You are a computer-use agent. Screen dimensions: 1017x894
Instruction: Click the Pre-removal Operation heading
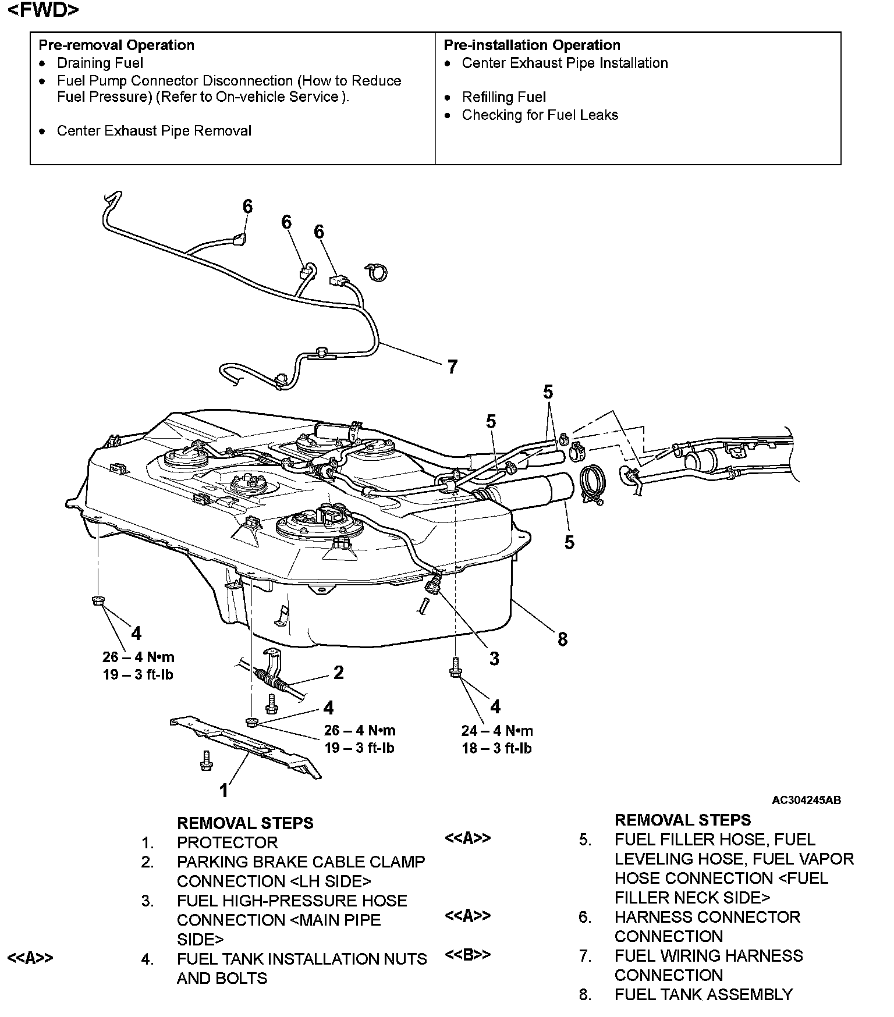pos(116,45)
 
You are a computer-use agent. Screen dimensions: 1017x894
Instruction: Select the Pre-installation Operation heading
pos(531,45)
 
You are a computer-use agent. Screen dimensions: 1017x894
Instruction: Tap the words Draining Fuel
pos(100,63)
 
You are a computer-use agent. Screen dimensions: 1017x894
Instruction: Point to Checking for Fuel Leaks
pos(540,115)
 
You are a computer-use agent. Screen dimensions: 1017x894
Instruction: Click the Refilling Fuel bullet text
pos(503,97)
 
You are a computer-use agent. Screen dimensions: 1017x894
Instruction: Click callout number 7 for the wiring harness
pos(452,367)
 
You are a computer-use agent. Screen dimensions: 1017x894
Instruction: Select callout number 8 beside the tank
pos(562,639)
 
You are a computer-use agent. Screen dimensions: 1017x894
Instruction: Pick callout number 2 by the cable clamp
pos(339,673)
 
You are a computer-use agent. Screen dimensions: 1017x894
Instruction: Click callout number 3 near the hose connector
pos(494,659)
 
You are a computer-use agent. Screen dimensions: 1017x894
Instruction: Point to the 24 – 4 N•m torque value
pos(497,731)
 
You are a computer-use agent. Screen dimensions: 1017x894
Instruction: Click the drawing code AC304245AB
pos(806,800)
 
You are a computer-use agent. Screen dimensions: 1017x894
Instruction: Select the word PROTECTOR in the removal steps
pos(227,842)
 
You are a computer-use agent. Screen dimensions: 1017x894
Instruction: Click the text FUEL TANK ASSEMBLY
pos(703,995)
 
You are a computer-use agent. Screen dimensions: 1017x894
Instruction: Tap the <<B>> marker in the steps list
pos(467,955)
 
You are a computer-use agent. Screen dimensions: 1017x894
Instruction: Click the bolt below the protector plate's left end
pos(205,760)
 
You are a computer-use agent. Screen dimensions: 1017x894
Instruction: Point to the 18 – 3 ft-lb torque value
pos(496,749)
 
